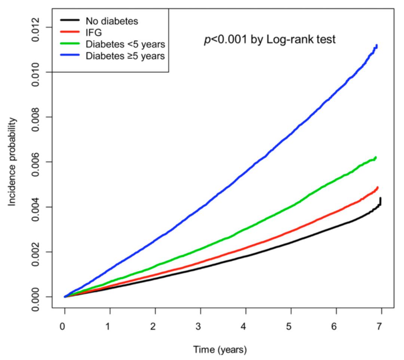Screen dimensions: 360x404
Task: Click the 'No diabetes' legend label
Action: coord(111,21)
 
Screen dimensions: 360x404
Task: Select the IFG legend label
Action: coord(94,33)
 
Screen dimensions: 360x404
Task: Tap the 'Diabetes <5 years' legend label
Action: coord(125,44)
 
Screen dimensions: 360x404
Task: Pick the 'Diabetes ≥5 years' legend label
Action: coord(125,56)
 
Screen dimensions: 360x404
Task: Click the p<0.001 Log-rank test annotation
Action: coord(269,39)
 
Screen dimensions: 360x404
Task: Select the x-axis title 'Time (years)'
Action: coord(220,350)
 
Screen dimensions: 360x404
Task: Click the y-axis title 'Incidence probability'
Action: coord(13,161)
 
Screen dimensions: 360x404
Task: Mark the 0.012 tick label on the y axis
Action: coord(36,28)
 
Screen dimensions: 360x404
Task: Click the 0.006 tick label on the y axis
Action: coord(36,162)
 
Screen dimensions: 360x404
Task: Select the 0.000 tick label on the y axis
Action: coord(36,297)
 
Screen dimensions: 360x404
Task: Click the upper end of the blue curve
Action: coord(376,46)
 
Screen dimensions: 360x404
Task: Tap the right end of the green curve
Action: coord(375,158)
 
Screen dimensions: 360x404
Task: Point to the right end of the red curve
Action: coord(377,188)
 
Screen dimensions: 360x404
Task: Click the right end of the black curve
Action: coord(380,199)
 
